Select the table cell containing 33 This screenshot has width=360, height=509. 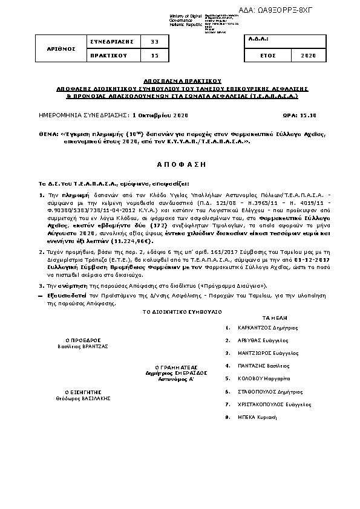pos(154,42)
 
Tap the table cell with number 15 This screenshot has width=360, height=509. pos(154,55)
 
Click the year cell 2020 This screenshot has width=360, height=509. pos(307,55)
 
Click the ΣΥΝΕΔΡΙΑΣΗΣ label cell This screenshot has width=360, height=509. pos(111,42)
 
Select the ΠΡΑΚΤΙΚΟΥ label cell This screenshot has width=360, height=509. pos(111,55)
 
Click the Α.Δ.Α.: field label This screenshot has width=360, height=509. pos(258,39)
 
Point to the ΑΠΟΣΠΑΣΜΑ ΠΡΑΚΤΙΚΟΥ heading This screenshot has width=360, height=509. pos(180,80)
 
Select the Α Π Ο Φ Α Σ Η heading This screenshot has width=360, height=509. pos(180,164)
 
